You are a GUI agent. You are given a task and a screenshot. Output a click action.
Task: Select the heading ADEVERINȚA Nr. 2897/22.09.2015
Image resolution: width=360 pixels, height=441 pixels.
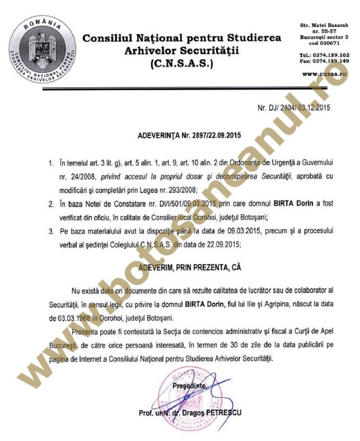(189, 135)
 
